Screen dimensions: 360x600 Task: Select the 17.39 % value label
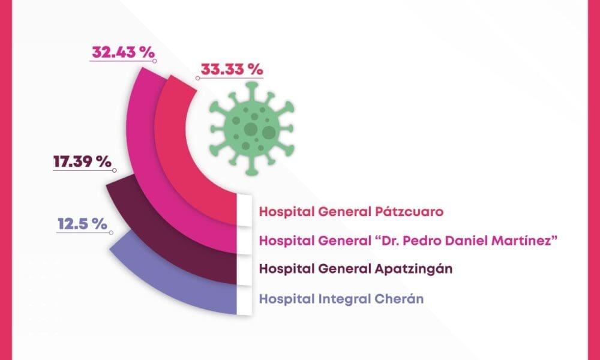tap(82, 161)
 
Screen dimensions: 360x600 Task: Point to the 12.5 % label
tap(82, 224)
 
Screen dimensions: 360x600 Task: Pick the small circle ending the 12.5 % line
tap(112, 233)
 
